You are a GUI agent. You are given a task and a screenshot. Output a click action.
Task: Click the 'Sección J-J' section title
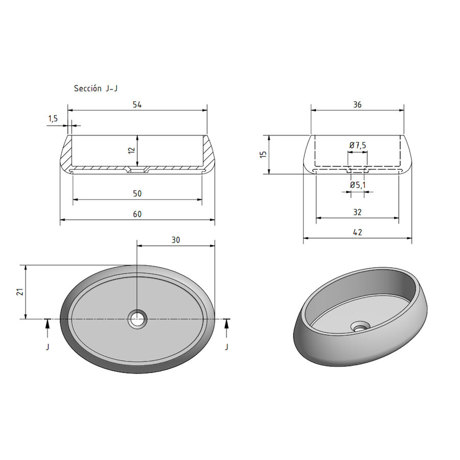click(96, 88)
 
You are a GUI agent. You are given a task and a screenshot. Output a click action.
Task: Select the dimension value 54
click(137, 104)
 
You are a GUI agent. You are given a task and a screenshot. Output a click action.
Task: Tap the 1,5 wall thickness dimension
click(54, 119)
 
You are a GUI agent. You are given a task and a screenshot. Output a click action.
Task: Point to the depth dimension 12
click(131, 150)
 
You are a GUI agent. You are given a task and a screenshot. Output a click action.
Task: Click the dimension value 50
click(137, 193)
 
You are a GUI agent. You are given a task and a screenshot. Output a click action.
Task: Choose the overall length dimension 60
click(137, 214)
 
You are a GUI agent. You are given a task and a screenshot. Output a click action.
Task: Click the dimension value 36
click(357, 104)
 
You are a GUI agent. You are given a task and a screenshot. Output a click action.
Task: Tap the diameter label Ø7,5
click(358, 146)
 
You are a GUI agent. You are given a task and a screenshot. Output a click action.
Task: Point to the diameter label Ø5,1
click(357, 185)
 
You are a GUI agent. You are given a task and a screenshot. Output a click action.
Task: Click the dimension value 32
click(357, 212)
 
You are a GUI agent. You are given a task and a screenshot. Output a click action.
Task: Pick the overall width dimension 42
click(357, 232)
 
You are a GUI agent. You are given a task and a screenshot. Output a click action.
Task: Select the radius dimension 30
click(176, 239)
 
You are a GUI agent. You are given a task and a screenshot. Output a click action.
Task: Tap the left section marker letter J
click(48, 347)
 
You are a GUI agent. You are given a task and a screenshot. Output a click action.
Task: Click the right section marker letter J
click(227, 347)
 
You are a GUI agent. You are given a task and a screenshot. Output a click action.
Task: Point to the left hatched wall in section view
click(65, 153)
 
